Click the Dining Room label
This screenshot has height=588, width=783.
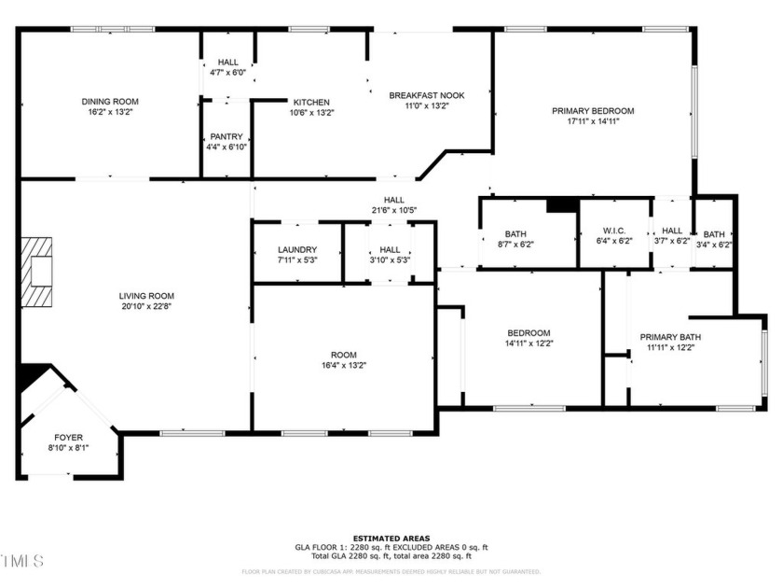(x=110, y=101)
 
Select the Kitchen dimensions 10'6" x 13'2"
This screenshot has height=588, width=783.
(x=311, y=113)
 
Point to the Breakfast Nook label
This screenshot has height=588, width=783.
(x=426, y=95)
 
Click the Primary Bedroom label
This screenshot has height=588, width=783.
(x=592, y=110)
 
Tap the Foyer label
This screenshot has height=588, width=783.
(x=68, y=437)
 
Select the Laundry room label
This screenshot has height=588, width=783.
(x=297, y=250)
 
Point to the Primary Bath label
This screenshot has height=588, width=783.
(x=669, y=337)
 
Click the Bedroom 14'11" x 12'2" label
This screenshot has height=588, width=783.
(x=529, y=333)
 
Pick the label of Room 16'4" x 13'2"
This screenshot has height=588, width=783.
(x=343, y=355)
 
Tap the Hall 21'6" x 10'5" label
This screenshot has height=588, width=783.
(x=393, y=200)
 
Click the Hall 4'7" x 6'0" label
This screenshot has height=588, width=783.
(x=227, y=63)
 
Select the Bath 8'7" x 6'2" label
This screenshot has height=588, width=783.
(x=515, y=234)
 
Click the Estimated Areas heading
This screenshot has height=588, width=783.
(x=391, y=539)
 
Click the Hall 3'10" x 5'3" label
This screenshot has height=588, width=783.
(x=390, y=250)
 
